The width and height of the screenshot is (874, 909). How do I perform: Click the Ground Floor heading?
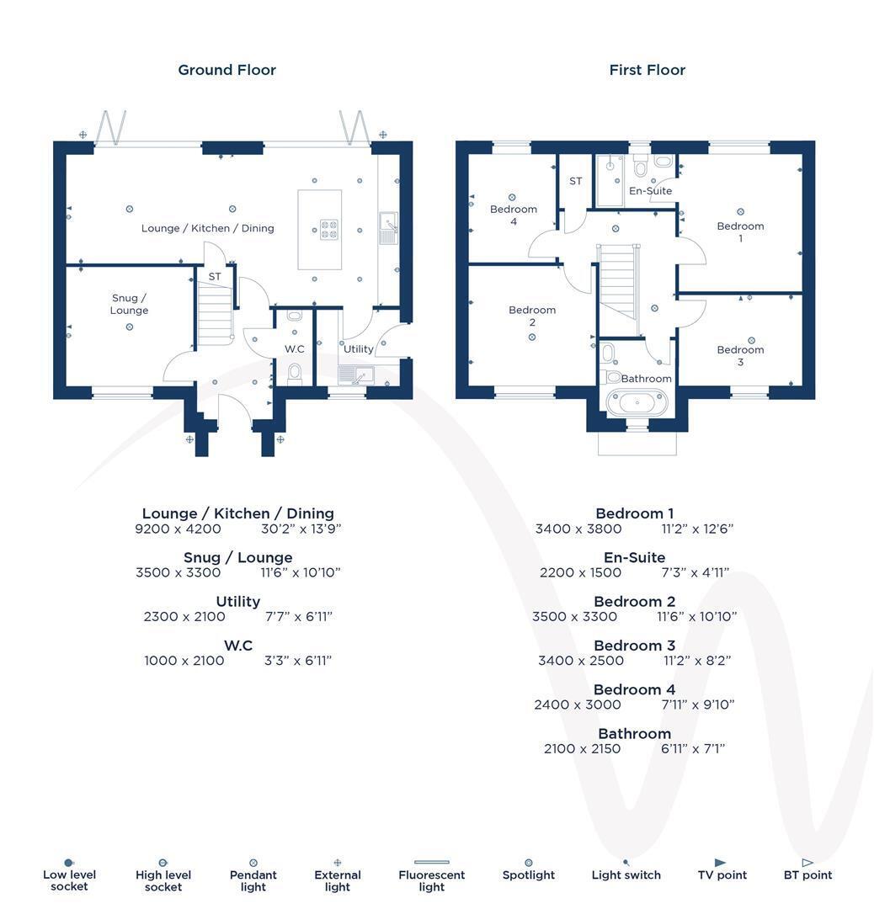(226, 70)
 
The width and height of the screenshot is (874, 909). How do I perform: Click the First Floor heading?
(648, 70)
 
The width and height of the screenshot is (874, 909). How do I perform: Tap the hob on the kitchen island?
(329, 229)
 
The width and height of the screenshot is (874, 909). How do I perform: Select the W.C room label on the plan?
(295, 349)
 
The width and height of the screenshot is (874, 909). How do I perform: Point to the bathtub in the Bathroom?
(637, 402)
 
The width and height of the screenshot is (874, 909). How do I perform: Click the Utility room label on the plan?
(359, 349)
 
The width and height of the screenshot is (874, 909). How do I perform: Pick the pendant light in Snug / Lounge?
(130, 327)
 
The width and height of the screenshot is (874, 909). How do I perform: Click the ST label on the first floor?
(575, 181)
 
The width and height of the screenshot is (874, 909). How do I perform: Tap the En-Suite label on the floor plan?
(651, 191)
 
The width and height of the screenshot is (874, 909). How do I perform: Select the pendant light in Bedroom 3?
(752, 340)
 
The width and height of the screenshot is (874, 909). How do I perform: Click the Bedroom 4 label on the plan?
(514, 215)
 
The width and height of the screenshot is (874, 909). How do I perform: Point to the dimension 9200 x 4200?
(178, 529)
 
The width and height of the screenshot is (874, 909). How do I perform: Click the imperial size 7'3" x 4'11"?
(695, 573)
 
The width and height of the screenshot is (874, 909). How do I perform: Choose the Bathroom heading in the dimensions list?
(635, 733)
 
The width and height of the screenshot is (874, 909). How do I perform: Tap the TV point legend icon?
(720, 863)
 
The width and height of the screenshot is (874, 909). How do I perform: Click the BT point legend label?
(807, 874)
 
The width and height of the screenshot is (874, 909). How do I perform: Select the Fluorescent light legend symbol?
(431, 862)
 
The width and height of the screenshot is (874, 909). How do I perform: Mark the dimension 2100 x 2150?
(583, 749)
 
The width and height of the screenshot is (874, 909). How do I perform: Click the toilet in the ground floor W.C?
(295, 374)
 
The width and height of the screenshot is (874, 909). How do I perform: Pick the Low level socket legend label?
(70, 880)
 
